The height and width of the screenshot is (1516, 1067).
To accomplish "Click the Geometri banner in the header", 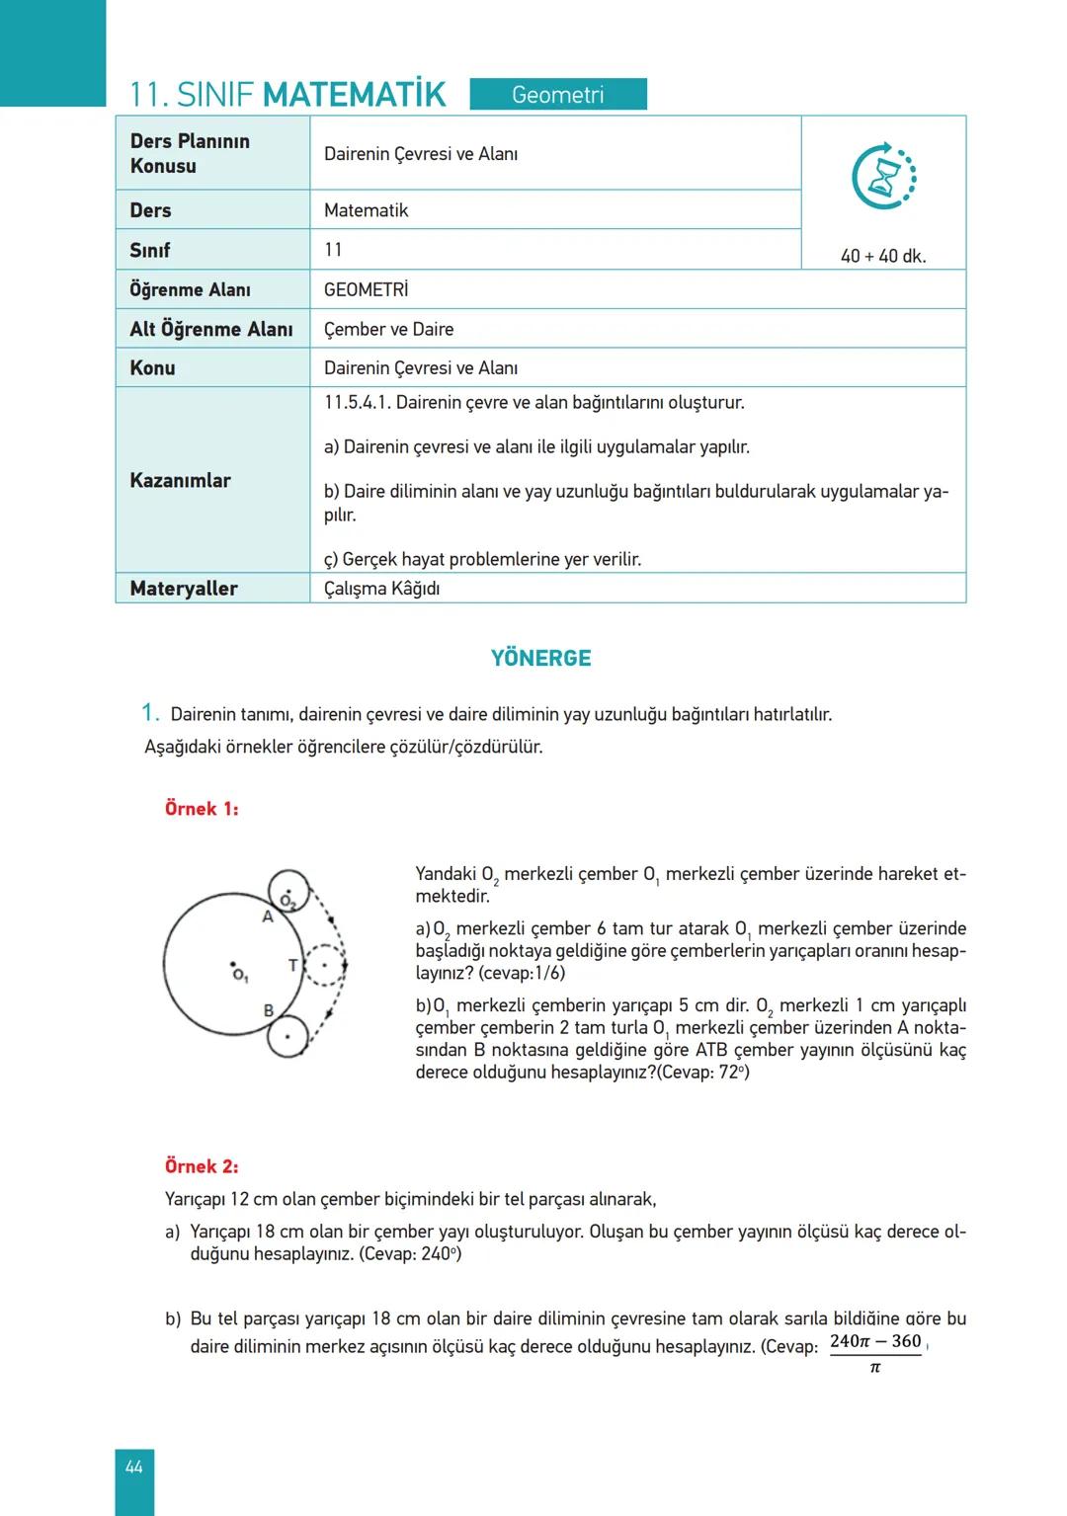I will [558, 95].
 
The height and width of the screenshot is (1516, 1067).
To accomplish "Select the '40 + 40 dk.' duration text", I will [883, 256].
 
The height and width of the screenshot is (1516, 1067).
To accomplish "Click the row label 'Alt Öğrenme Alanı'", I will [211, 329].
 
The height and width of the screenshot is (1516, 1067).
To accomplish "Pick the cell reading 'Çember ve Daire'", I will [388, 329].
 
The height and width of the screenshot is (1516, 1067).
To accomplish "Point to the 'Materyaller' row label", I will [184, 589].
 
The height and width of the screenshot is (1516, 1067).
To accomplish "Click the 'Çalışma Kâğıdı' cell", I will [381, 589].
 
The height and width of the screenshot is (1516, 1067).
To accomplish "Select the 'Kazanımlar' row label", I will [180, 481].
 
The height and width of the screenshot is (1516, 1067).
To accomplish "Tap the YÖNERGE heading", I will [540, 658].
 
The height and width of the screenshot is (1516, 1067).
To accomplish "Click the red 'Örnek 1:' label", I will [202, 809].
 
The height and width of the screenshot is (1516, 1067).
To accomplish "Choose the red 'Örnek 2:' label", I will [202, 1166].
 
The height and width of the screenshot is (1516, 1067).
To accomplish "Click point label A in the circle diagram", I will [267, 917].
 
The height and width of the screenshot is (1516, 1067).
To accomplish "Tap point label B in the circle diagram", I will [269, 1010].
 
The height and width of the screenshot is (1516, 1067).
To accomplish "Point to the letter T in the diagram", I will [292, 965].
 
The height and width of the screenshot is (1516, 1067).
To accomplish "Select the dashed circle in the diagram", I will [324, 965].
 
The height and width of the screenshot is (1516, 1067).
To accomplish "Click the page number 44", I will [133, 1468].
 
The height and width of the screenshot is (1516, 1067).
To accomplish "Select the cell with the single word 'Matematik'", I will [366, 210].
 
